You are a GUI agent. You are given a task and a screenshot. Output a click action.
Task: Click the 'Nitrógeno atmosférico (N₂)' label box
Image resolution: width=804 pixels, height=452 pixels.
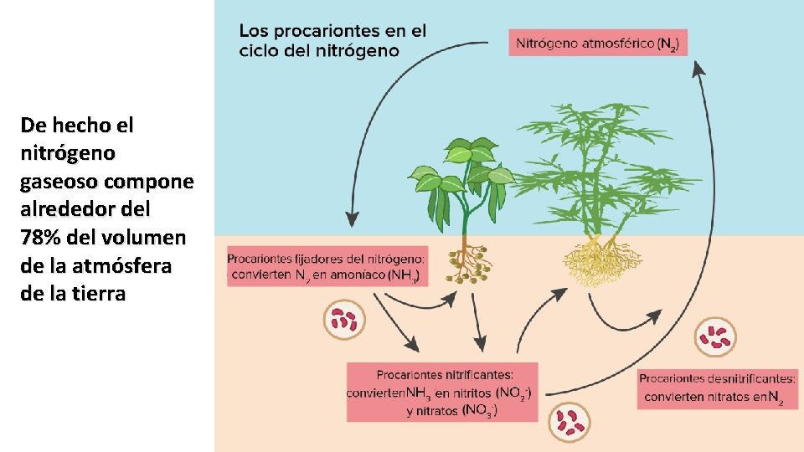(x=597, y=43)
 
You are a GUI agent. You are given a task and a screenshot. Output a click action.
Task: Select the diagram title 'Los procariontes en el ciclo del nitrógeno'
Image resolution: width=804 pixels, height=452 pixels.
(x=332, y=40)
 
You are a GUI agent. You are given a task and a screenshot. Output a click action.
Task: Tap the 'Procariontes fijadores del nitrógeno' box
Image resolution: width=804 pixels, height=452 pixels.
(x=327, y=265)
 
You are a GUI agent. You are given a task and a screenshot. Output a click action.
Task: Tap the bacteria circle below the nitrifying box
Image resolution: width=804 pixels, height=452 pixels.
(x=569, y=422)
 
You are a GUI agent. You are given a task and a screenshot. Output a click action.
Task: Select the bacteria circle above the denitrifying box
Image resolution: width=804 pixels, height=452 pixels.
(x=716, y=336)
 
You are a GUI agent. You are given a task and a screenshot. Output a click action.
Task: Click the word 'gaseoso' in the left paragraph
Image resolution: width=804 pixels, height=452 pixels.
(x=56, y=182)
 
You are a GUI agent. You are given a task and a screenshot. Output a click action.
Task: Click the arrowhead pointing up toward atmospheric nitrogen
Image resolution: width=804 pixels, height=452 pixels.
(x=698, y=70)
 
